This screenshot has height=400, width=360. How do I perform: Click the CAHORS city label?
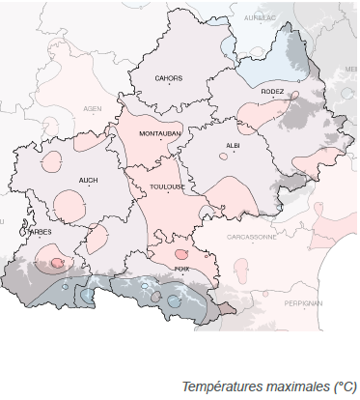(x=169, y=78)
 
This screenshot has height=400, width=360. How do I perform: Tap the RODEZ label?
(x=272, y=90)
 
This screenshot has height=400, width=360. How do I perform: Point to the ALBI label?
(x=233, y=145)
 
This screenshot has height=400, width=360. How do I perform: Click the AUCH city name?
(x=89, y=181)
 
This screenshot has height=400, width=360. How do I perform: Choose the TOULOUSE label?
(x=167, y=186)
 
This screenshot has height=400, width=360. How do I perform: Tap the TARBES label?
(x=38, y=232)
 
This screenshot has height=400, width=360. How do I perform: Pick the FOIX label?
(x=180, y=268)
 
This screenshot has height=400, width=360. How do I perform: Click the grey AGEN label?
(x=93, y=109)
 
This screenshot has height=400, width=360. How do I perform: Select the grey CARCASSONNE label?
(x=252, y=236)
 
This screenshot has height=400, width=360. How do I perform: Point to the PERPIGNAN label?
(x=304, y=301)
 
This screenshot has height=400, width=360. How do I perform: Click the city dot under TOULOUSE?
(x=168, y=193)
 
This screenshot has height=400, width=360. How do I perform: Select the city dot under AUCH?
(x=89, y=187)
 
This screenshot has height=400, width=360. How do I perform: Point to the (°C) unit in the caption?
(x=345, y=386)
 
